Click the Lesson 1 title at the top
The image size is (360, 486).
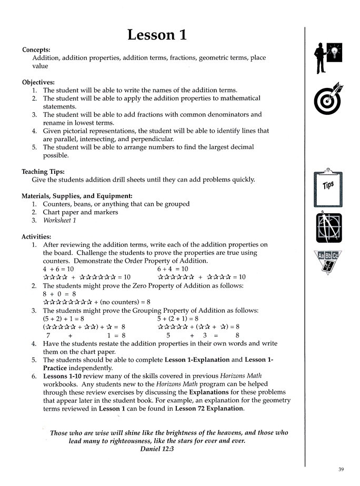(x=157, y=35)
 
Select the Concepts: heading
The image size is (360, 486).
(x=36, y=49)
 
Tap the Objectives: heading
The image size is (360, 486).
(x=38, y=82)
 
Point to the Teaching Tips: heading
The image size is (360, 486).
(x=43, y=172)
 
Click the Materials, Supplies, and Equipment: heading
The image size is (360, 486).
(x=77, y=196)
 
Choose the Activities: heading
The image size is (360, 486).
(x=37, y=236)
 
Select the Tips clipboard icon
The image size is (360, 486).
(x=328, y=186)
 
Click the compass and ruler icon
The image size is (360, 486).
(x=328, y=227)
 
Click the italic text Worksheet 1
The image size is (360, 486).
(x=59, y=221)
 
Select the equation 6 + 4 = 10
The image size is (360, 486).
(x=173, y=269)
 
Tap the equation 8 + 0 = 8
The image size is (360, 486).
(x=59, y=294)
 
